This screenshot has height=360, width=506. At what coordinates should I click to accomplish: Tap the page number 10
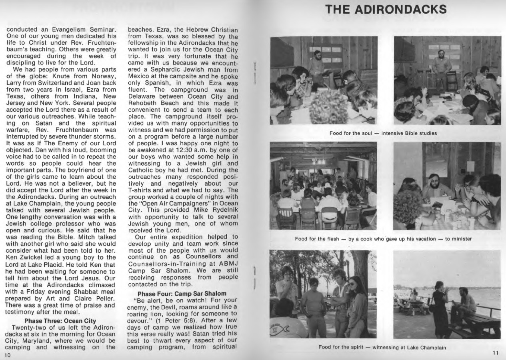click(6, 355)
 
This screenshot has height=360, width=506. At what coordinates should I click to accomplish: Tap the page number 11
click(496, 352)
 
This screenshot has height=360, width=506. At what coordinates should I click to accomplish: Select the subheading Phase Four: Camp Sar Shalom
click(179, 294)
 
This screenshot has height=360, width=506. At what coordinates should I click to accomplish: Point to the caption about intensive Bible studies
click(383, 133)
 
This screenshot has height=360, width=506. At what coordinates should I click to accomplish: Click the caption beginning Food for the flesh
click(383, 239)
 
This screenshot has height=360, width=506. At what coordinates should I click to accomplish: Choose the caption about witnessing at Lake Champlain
click(382, 347)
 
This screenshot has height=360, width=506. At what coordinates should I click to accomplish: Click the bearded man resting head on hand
click(438, 188)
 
